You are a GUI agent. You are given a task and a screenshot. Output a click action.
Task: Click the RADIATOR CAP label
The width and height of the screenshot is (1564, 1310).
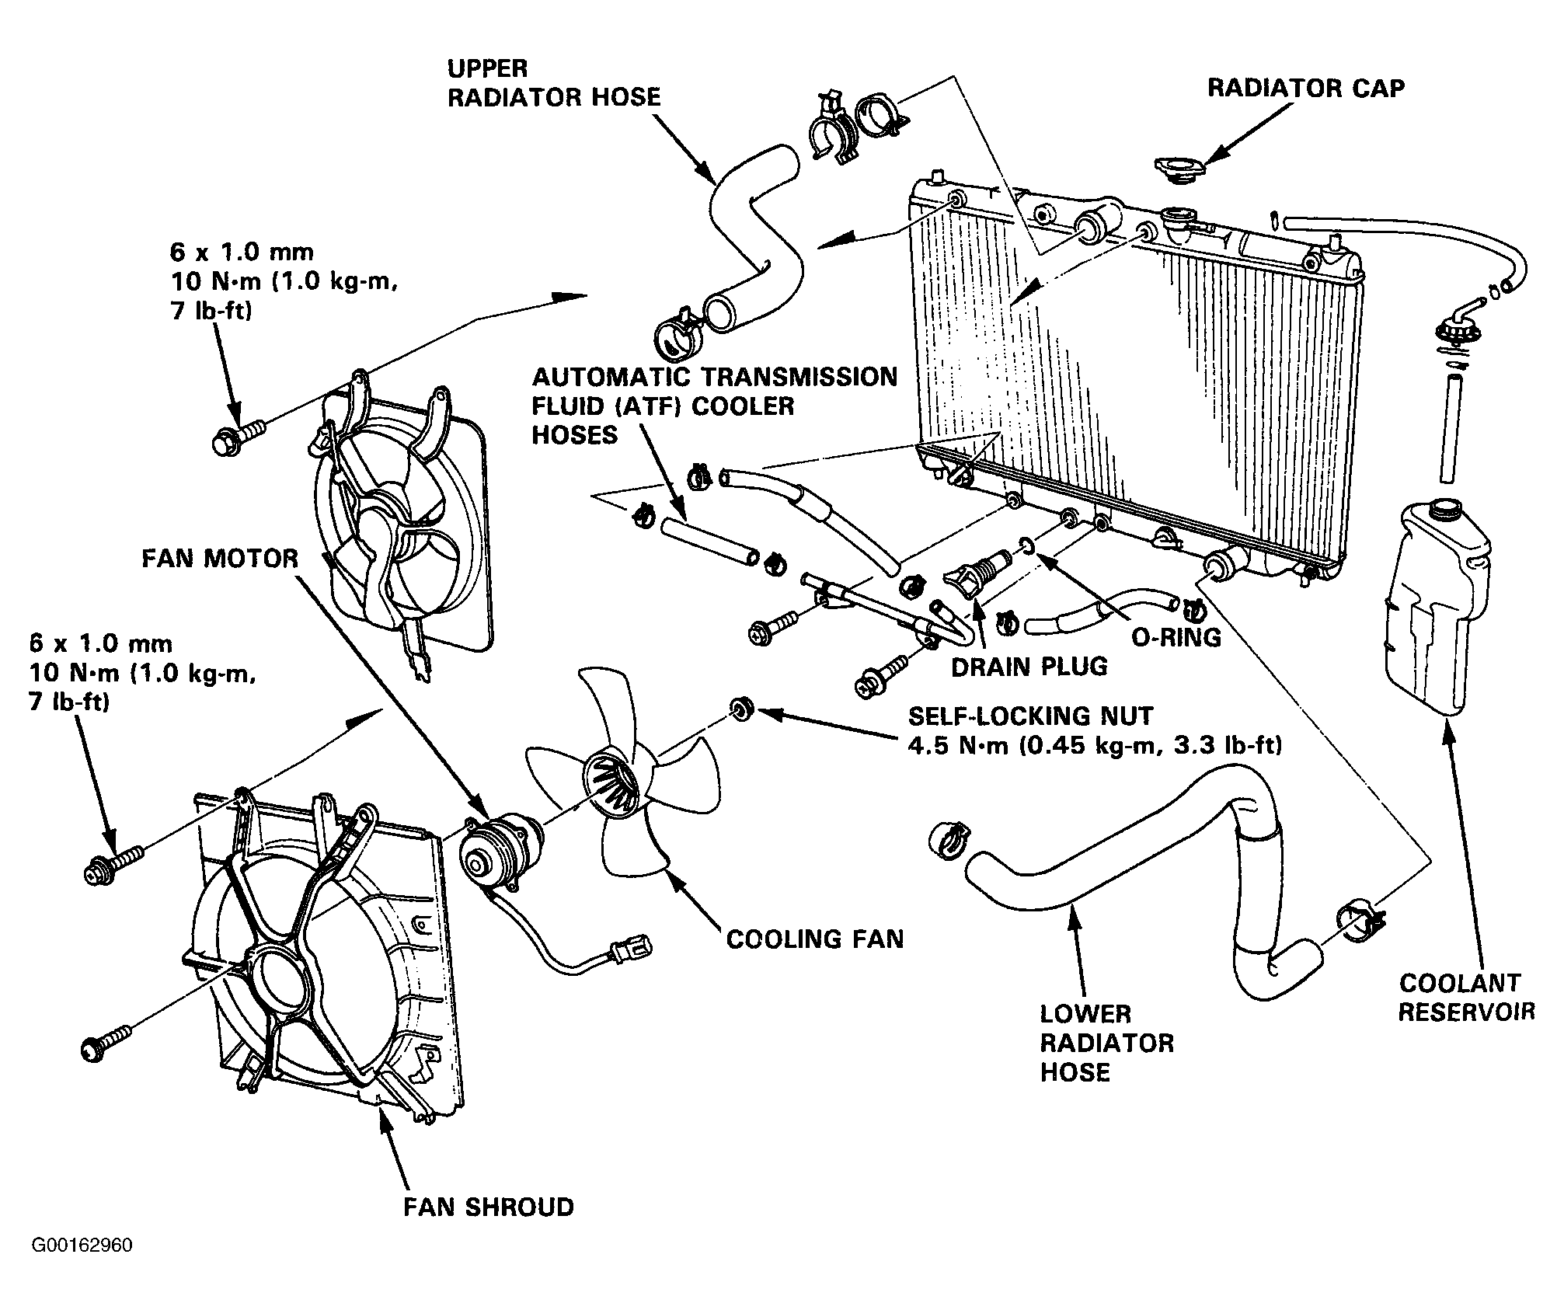[1305, 88]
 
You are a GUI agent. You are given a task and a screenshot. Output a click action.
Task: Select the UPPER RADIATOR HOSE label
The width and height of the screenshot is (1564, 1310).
[553, 82]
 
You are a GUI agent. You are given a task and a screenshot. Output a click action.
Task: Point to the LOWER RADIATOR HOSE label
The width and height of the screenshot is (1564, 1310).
[1106, 1043]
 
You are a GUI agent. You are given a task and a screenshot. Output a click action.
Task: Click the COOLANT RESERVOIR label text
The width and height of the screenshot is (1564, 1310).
[1466, 997]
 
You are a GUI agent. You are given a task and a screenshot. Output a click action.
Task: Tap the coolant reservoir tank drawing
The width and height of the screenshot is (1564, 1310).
[1437, 606]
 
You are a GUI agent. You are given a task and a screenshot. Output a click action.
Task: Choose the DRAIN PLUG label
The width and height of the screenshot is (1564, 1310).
[1029, 667]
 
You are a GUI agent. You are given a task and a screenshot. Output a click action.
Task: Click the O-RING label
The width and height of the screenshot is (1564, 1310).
[1176, 637]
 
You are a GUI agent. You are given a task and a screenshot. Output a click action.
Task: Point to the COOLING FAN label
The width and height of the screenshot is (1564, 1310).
[815, 939]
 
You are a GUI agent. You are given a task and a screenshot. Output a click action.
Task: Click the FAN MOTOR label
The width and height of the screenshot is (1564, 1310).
[220, 558]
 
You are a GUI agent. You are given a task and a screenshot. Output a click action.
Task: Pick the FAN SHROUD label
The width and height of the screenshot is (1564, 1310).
[489, 1207]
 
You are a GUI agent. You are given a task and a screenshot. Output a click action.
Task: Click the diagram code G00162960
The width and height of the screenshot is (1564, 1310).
[82, 1267]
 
